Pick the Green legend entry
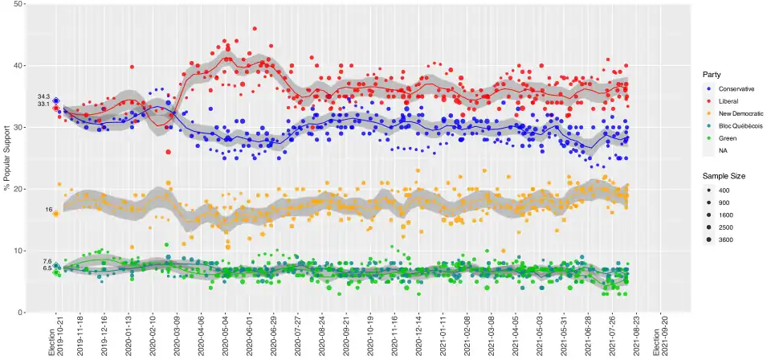[728, 138]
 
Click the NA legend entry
[724, 151]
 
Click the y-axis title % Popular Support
[7, 157]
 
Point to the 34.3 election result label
[43, 96]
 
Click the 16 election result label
[48, 209]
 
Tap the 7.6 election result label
[47, 261]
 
